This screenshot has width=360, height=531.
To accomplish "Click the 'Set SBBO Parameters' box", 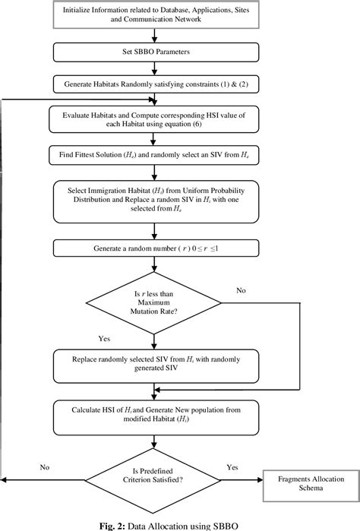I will pyautogui.click(x=156, y=52).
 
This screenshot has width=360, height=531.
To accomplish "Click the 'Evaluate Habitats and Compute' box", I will pyautogui.click(x=156, y=118).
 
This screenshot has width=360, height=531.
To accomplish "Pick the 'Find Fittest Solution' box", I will pyautogui.click(x=156, y=156).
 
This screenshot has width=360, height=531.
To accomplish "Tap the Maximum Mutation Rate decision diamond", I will pyautogui.click(x=156, y=302).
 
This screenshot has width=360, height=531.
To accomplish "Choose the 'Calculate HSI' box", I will pyautogui.click(x=156, y=414).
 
